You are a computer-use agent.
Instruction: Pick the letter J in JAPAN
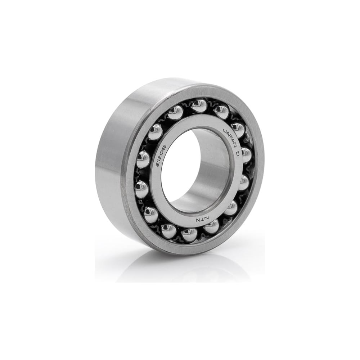(x=224, y=131)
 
